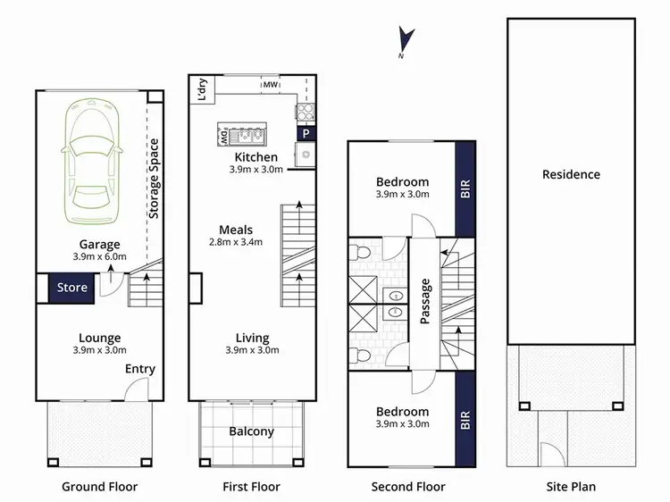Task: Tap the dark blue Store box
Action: point(72,288)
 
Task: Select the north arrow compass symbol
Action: point(406,41)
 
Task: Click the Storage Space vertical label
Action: point(154,179)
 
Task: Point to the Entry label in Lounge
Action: point(139,369)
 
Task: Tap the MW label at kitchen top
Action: point(269,86)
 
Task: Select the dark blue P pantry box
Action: point(306,133)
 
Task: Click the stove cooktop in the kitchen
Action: point(306,112)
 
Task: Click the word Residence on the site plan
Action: point(571,174)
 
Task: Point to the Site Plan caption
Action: point(571,487)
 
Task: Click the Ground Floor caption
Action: point(99,487)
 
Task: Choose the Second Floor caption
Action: point(408,487)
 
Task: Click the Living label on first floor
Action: point(252,338)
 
